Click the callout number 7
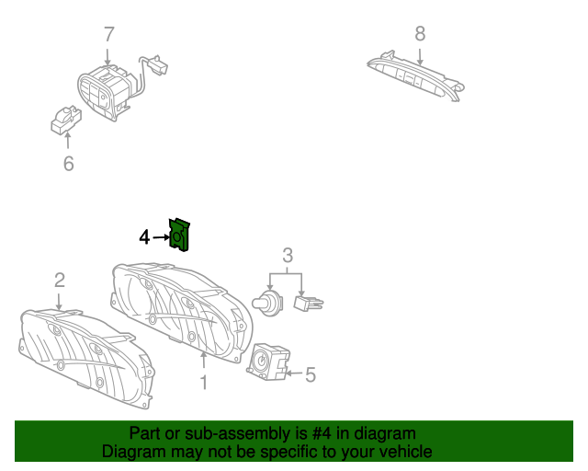click(108, 35)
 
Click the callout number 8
click(420, 34)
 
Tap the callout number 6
click(68, 164)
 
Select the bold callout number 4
click(144, 237)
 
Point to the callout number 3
click(288, 256)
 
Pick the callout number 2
click(60, 281)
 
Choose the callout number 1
click(204, 383)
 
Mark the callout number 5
click(311, 374)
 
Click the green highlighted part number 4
click(180, 235)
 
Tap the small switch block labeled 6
click(66, 121)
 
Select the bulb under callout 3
click(267, 303)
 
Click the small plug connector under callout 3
click(309, 303)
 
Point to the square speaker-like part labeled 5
click(268, 362)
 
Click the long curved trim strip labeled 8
click(415, 75)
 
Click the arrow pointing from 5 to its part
click(294, 373)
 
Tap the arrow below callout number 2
click(59, 302)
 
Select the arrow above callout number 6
click(67, 141)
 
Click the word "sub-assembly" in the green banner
click(237, 434)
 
